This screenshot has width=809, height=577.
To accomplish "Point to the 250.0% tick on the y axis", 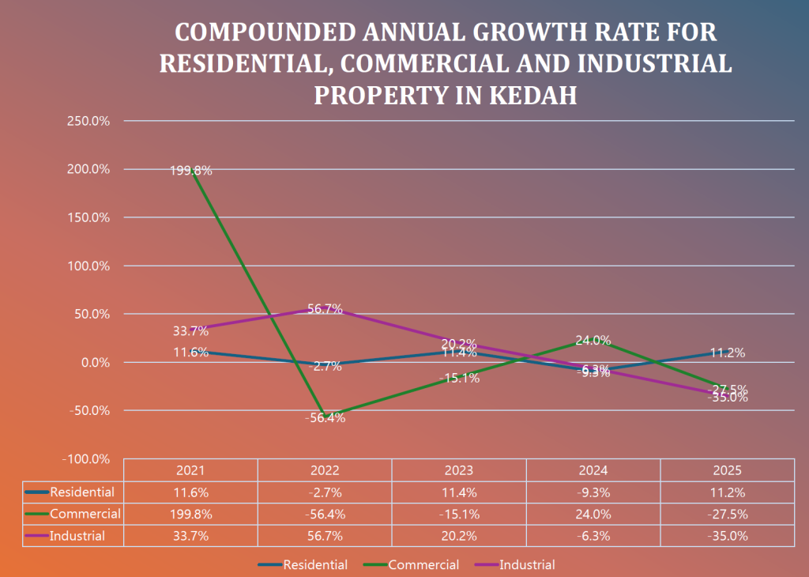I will pos(88,121).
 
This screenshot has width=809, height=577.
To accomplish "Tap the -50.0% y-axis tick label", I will pos(88,410).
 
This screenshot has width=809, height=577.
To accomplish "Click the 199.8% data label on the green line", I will pos(191,170).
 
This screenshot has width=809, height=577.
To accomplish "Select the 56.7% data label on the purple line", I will pos(325,309).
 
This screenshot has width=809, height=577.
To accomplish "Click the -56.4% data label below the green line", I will pos(325,418).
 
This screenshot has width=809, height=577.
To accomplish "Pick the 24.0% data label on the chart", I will pos(593,341).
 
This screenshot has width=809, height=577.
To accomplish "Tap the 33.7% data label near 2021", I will pos(191,330).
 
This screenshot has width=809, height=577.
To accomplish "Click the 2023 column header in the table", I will pos(459,470).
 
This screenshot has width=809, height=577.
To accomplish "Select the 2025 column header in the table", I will pos(727,470).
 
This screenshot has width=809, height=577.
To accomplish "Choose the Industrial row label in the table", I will pos(77,536).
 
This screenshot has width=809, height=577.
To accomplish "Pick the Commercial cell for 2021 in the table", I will pos(191,514).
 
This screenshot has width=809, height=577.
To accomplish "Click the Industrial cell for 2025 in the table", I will pos(727,536).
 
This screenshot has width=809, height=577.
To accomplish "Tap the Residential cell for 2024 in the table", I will pos(593,492).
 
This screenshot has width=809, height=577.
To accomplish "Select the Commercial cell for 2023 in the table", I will pos(459,514).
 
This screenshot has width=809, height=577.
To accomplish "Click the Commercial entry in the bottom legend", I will pos(423,564).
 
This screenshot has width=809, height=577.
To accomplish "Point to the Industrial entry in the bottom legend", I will pos(527,564).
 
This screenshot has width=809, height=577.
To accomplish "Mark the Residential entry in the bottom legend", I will pos(314,564).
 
